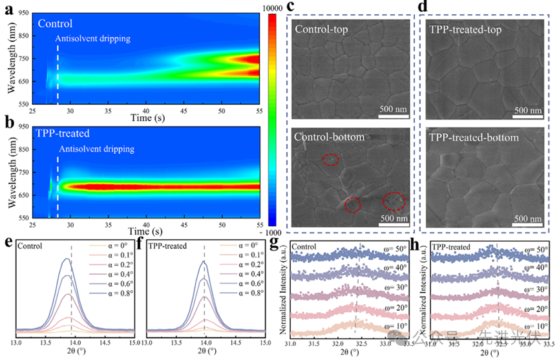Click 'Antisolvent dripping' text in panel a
point(92,39)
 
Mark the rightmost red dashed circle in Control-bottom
point(394,202)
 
